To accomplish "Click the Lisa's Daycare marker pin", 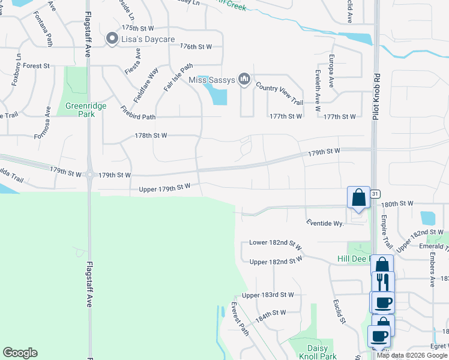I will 112,39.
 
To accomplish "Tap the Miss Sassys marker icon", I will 244,79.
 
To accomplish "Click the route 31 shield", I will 375,194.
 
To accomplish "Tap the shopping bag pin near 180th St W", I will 358,198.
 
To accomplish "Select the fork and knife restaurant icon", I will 382,281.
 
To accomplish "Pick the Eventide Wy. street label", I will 324,223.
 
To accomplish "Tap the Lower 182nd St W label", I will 276,245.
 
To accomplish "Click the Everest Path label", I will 240,319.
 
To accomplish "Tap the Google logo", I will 20,353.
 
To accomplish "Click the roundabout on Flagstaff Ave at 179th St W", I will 89,175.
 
